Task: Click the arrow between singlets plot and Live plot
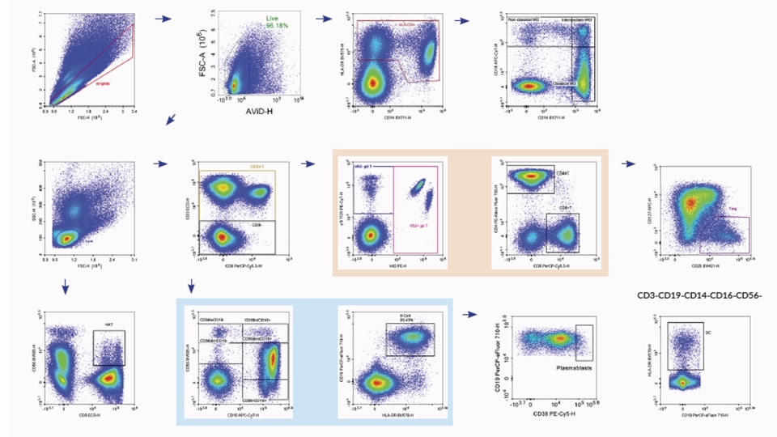point(162,18)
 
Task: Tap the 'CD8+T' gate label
point(564,208)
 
